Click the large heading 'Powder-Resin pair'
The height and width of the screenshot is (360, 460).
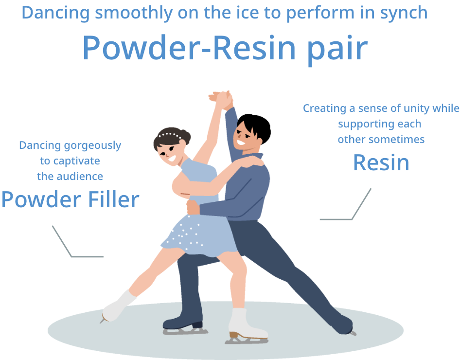coord(224,47)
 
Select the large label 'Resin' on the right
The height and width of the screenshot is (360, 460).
coord(381,162)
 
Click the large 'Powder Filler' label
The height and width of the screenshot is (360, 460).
coord(71,199)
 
